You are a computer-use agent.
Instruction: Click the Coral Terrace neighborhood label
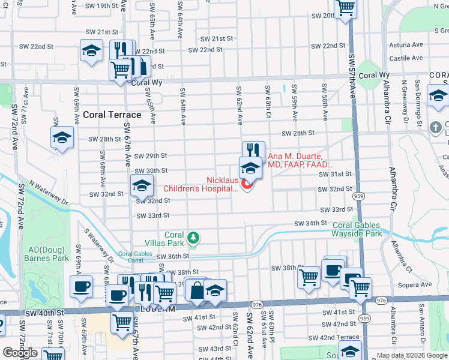[112, 115]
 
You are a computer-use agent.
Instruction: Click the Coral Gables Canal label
[134, 257]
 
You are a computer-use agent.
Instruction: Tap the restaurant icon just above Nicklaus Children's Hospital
[253, 151]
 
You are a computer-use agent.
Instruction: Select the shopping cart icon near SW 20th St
[346, 8]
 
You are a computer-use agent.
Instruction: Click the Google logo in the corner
[20, 353]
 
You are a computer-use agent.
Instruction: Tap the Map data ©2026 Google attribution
[411, 355]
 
